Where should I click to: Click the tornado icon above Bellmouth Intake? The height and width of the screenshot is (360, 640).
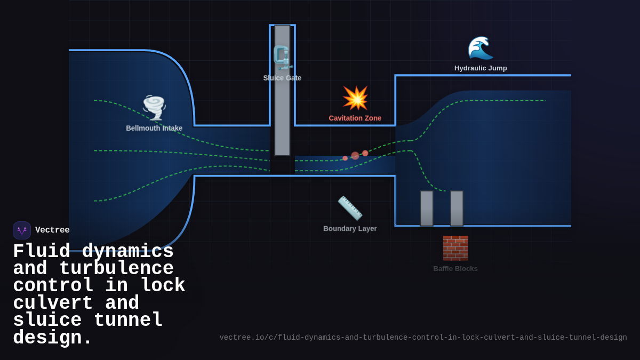point(154,108)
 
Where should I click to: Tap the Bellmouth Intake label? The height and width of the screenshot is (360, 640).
point(154,128)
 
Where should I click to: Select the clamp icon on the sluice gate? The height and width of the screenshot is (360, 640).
point(282,58)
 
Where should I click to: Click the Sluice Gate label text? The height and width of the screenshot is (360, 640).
point(282,78)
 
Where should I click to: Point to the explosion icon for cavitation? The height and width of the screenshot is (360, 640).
point(355,98)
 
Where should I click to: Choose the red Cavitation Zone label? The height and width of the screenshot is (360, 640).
point(355,118)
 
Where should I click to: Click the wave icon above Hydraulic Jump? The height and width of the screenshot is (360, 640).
point(480,49)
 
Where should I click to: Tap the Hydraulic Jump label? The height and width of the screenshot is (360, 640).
point(481,68)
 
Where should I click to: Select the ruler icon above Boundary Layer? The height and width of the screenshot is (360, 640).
point(350,208)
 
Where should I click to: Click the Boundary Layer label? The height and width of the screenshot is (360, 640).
point(350,229)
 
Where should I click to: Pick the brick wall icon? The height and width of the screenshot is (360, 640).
point(455,248)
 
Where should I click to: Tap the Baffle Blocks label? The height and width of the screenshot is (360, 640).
point(455,269)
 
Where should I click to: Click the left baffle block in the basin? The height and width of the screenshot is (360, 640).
point(427,209)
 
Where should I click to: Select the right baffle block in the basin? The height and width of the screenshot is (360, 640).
point(457,209)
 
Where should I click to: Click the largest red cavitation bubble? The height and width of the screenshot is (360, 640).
point(355,156)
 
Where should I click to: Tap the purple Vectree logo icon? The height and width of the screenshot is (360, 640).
point(22,230)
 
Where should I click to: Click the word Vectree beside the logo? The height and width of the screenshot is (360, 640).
point(52,230)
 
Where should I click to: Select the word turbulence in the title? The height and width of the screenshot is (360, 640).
point(116,269)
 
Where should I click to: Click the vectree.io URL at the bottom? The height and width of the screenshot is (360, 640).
point(423,338)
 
